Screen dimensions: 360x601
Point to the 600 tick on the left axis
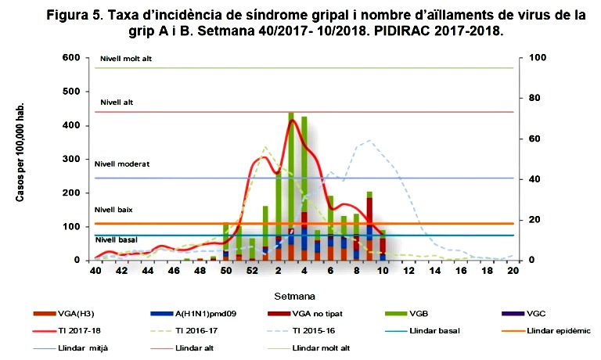(x=70, y=58)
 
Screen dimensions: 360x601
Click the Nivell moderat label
(x=121, y=164)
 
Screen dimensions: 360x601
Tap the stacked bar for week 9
(x=369, y=226)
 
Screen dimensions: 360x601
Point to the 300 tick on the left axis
(x=70, y=159)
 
